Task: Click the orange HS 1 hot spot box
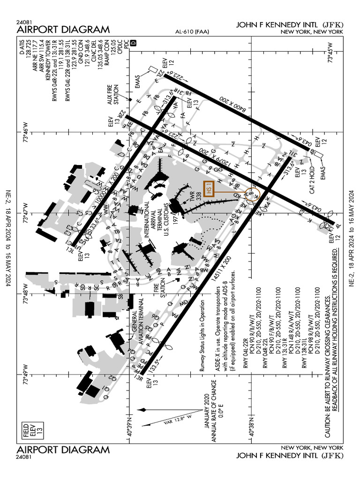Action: point(209,188)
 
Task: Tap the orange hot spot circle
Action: point(252,194)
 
